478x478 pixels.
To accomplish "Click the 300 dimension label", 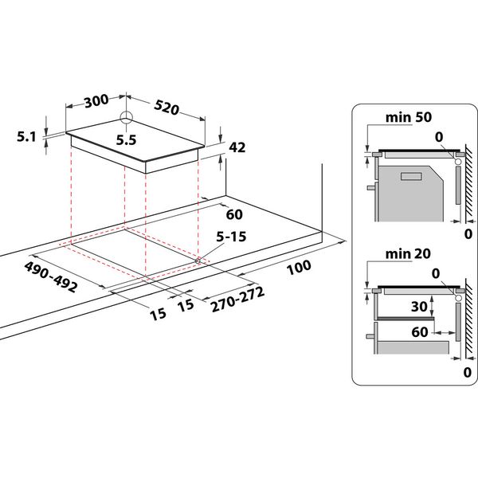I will pyautogui.click(x=95, y=101).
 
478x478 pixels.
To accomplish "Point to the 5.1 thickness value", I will pyautogui.click(x=26, y=137).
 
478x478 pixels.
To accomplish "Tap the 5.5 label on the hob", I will pyautogui.click(x=126, y=139).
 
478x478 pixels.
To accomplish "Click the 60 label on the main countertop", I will pyautogui.click(x=233, y=214).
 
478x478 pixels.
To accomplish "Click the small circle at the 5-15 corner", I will pyautogui.click(x=197, y=259).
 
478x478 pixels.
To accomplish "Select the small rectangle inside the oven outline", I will pyautogui.click(x=411, y=177).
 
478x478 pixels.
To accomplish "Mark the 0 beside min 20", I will pyautogui.click(x=437, y=274).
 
